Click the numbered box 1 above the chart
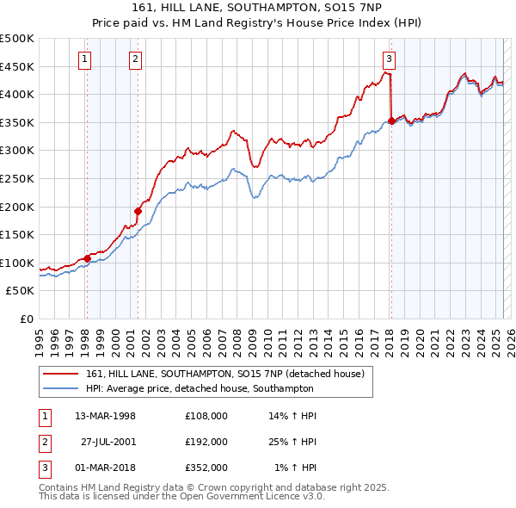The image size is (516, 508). pyautogui.click(x=86, y=59)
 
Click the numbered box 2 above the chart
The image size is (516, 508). pyautogui.click(x=136, y=59)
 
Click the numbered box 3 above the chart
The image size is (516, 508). pyautogui.click(x=389, y=59)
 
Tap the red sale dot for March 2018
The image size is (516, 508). pyautogui.click(x=391, y=121)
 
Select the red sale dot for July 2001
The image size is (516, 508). pyautogui.click(x=138, y=211)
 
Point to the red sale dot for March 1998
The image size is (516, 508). pyautogui.click(x=87, y=257)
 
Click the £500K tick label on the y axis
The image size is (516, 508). pyautogui.click(x=17, y=39)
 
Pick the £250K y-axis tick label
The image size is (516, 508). pyautogui.click(x=17, y=178)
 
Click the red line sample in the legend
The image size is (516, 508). pyautogui.click(x=60, y=374)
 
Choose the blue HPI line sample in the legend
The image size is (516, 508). pyautogui.click(x=60, y=388)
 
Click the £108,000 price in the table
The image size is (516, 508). pyautogui.click(x=206, y=415)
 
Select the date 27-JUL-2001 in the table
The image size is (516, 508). pyautogui.click(x=108, y=442)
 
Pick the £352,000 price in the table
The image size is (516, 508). pyautogui.click(x=206, y=468)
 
